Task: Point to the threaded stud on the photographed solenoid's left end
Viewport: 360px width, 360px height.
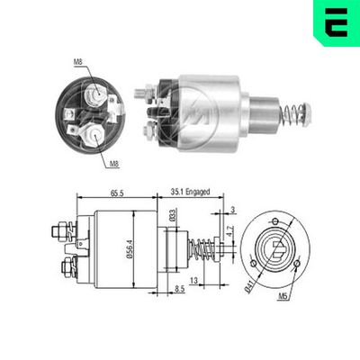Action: click(x=139, y=93)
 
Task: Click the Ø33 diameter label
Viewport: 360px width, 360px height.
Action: click(x=170, y=219)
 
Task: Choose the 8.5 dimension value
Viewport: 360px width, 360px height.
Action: click(x=179, y=288)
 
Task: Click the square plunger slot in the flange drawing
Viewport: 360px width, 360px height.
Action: click(x=278, y=247)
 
